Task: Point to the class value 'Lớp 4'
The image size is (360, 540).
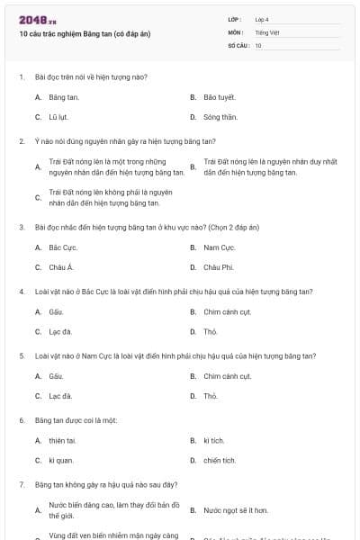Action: [262, 19]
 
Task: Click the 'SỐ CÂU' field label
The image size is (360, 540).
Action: [237, 44]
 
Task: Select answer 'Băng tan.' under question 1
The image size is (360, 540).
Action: [64, 96]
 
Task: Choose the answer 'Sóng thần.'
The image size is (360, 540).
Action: [220, 117]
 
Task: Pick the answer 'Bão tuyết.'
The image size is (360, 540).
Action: [219, 96]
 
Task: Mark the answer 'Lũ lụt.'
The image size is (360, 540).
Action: [58, 117]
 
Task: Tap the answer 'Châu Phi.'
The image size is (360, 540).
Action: [218, 267]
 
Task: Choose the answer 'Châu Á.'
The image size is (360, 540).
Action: [60, 267]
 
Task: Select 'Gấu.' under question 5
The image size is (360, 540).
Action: [56, 375]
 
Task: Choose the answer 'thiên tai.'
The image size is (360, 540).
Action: [62, 440]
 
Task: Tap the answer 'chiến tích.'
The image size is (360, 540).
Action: [219, 461]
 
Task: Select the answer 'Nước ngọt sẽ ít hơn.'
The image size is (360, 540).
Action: [235, 510]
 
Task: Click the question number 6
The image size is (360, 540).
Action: [22, 420]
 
